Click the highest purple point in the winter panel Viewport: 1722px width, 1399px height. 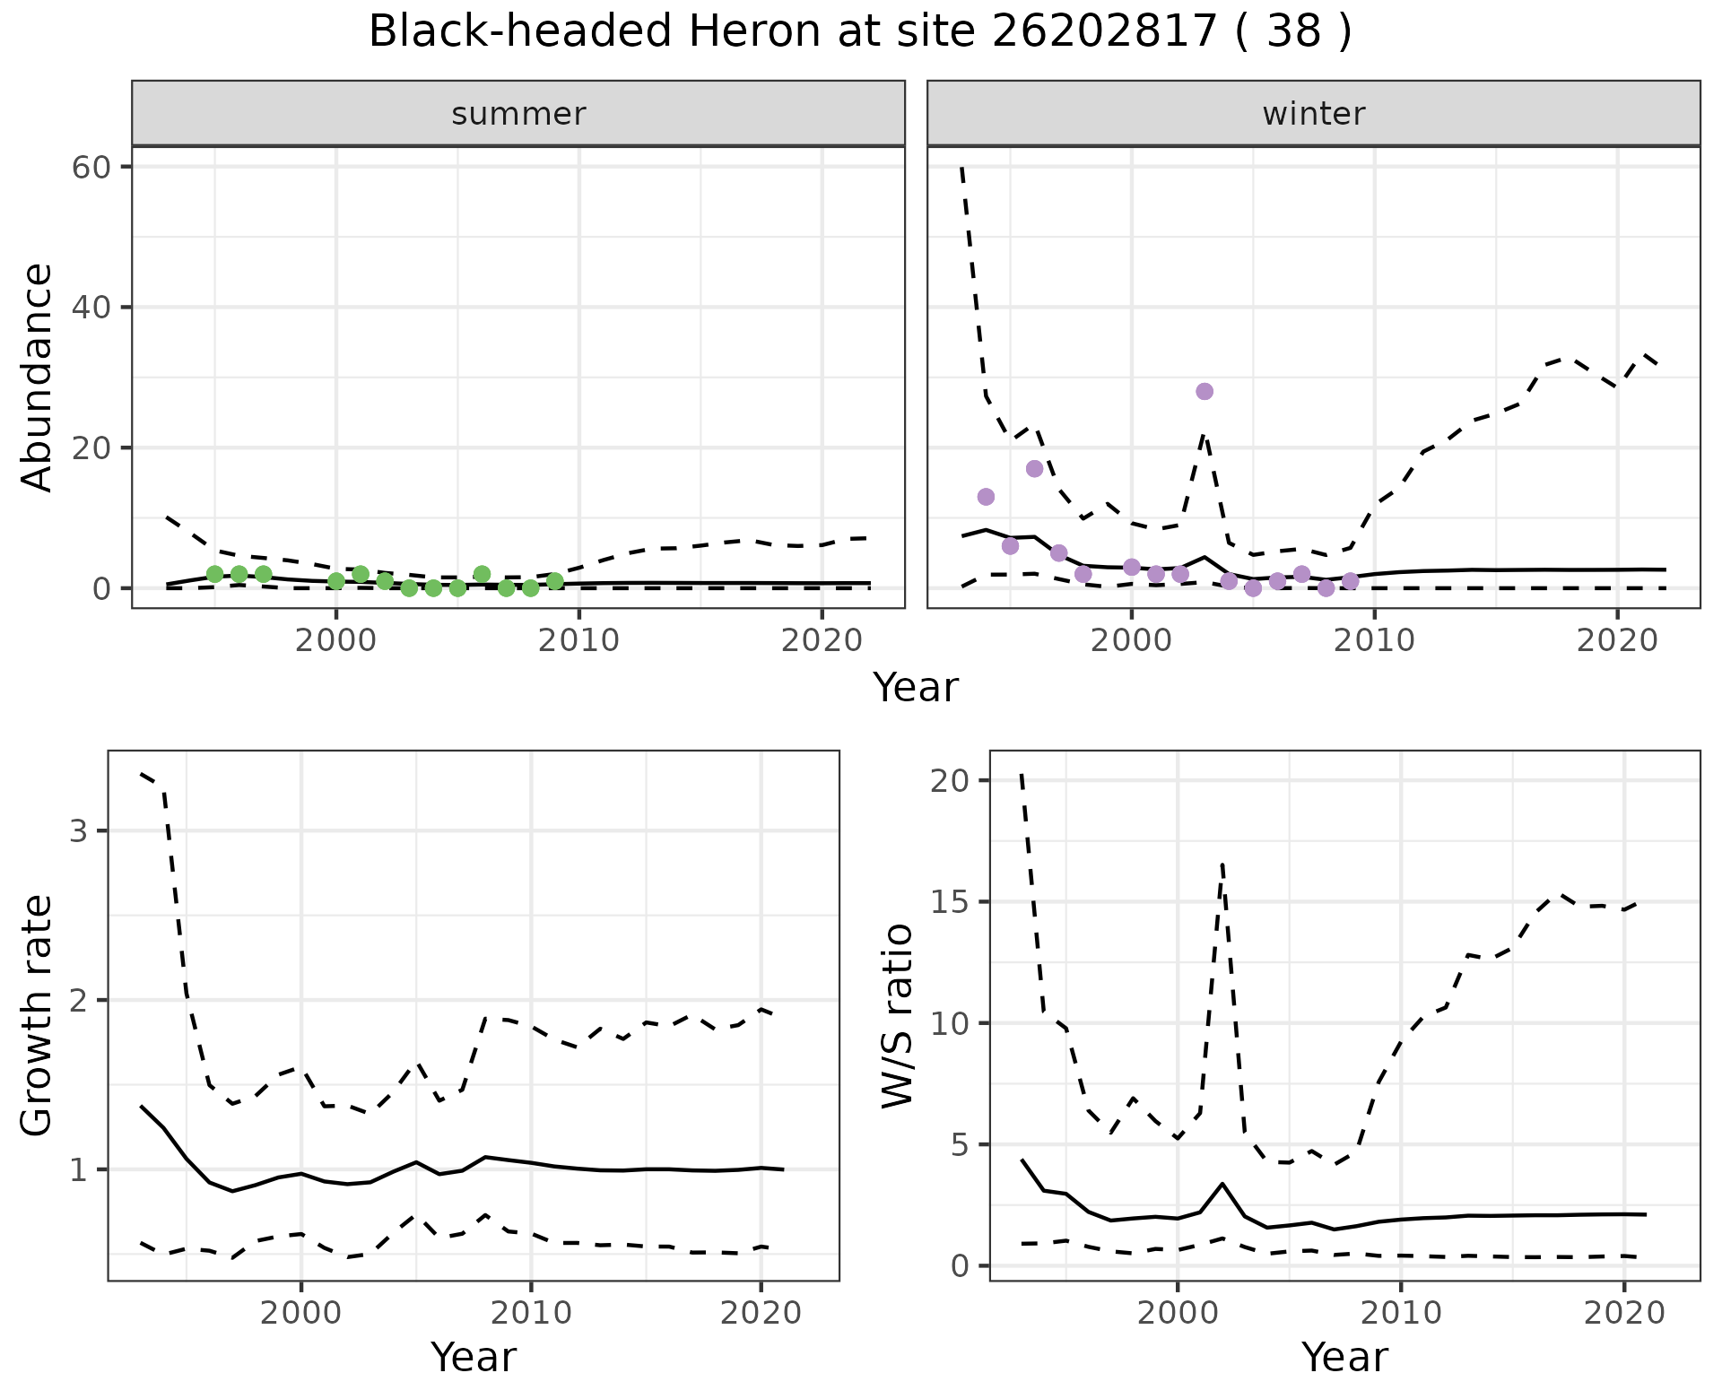(x=1205, y=391)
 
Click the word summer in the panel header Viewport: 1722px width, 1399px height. (x=518, y=114)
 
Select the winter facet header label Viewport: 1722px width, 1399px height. (x=1313, y=114)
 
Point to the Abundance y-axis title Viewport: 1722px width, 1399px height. (x=38, y=378)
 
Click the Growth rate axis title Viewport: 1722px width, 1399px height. (x=38, y=1016)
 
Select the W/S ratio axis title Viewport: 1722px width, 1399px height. (x=898, y=1016)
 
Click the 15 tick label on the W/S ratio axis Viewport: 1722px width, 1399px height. (x=951, y=902)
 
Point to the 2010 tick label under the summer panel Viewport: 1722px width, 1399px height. (x=579, y=641)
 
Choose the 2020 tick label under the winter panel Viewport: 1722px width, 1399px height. (x=1616, y=641)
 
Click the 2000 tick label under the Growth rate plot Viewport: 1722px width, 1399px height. (x=300, y=1314)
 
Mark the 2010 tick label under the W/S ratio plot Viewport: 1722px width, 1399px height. (x=1400, y=1314)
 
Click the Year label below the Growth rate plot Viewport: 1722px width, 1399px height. (x=474, y=1357)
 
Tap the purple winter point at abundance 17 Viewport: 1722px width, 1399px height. (x=1034, y=469)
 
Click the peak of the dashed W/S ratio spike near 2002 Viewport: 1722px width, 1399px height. (x=1222, y=863)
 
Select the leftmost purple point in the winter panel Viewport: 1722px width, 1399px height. (x=986, y=497)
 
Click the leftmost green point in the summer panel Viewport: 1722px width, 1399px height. (x=214, y=574)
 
